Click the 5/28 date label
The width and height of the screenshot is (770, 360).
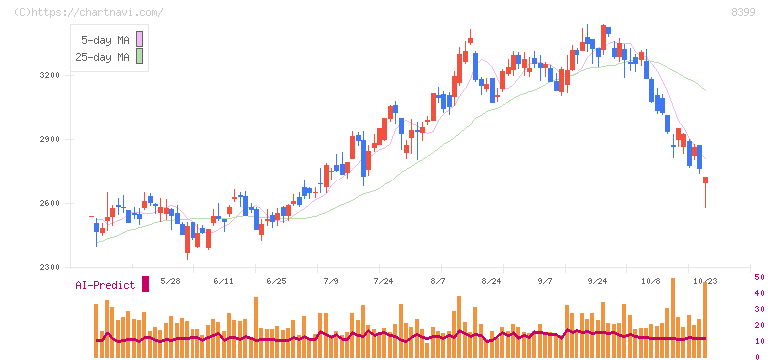pyautogui.click(x=171, y=281)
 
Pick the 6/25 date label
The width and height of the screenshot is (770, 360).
pyautogui.click(x=276, y=281)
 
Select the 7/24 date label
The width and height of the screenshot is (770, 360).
pyautogui.click(x=383, y=281)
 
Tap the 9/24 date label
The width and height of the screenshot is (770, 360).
pyautogui.click(x=597, y=281)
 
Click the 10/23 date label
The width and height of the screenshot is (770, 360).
pyautogui.click(x=705, y=281)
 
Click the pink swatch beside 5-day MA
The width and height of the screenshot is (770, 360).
pyautogui.click(x=139, y=39)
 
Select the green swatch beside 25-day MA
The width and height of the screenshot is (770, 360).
pyautogui.click(x=139, y=56)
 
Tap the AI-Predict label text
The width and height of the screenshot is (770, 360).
pyautogui.click(x=105, y=285)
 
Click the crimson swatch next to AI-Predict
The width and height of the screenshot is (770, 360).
pyautogui.click(x=145, y=284)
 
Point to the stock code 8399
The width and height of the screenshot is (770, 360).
pyautogui.click(x=743, y=13)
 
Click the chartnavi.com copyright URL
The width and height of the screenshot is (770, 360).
pyautogui.click(x=89, y=12)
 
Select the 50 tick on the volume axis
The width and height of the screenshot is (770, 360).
pyautogui.click(x=759, y=277)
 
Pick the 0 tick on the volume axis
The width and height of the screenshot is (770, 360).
pyautogui.click(x=757, y=357)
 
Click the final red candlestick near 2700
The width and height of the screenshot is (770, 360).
pyautogui.click(x=706, y=180)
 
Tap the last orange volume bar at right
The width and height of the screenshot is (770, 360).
pyautogui.click(x=705, y=320)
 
